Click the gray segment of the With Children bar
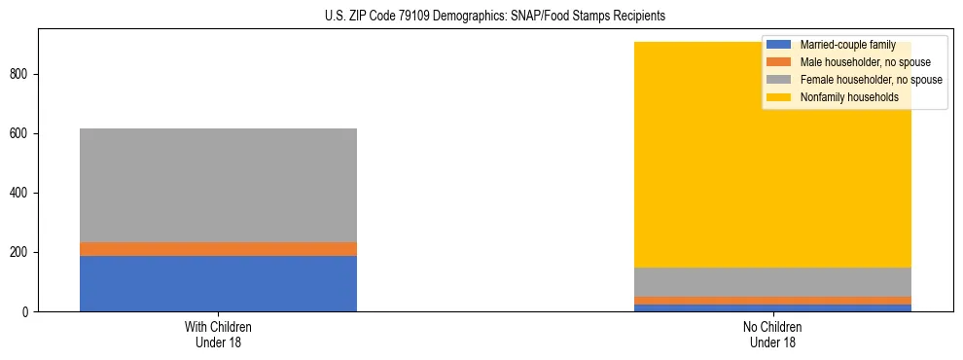pos(218,185)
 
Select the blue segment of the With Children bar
pos(218,283)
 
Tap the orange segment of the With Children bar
pos(218,249)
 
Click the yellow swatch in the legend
pos(779,97)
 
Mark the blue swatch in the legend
pos(779,45)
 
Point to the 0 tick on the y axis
pos(27,312)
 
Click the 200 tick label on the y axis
pos(21,253)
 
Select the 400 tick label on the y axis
pos(21,194)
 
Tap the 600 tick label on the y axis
pos(21,134)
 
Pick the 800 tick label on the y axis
pos(21,75)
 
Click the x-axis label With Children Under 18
pos(218,334)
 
